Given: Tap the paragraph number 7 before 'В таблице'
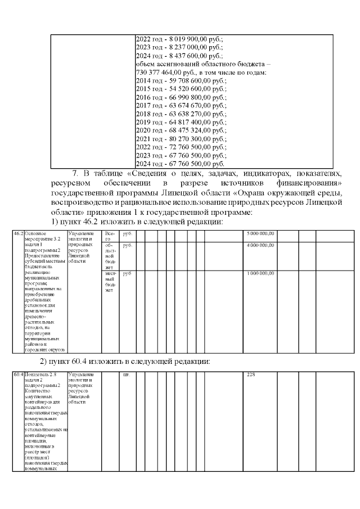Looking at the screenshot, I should tap(74, 173).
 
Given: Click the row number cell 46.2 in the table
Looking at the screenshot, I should tap(18, 233).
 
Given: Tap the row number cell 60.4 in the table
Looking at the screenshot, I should tap(18, 375).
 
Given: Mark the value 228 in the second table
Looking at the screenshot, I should tap(251, 375).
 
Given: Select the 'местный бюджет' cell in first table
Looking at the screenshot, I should tap(110, 282).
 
